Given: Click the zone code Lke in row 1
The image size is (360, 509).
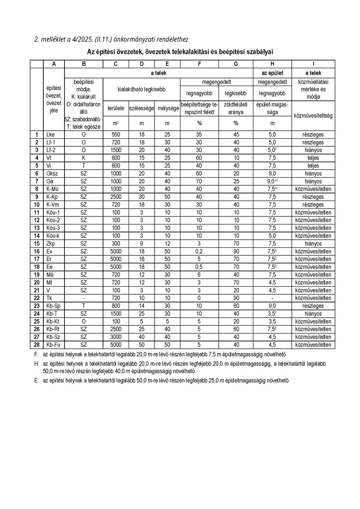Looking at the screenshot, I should tap(50, 134).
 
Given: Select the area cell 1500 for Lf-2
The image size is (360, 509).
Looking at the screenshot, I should tap(115, 150).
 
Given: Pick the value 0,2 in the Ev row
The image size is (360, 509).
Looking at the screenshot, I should tap(200, 252).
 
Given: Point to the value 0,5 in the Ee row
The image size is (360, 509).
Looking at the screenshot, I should tap(200, 267).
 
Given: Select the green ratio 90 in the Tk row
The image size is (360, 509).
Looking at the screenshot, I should tap(236, 298).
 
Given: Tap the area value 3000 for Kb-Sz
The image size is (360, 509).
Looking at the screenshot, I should tap(115, 337).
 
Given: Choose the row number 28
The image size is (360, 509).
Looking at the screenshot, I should tap(37, 345).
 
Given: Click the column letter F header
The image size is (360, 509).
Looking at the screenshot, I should tap(200, 64).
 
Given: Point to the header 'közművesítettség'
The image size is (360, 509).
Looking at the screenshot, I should tap(313, 115).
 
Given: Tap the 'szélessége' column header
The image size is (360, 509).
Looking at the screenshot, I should tap(141, 108).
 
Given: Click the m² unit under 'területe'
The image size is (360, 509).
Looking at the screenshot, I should tap(115, 123).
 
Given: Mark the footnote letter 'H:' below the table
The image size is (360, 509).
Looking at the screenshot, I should tap(37, 363).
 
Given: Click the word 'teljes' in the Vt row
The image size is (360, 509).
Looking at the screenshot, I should tap(313, 158).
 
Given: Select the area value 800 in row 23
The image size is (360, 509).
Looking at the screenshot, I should tap(115, 306).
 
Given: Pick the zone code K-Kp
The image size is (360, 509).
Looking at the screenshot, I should tap(53, 197).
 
